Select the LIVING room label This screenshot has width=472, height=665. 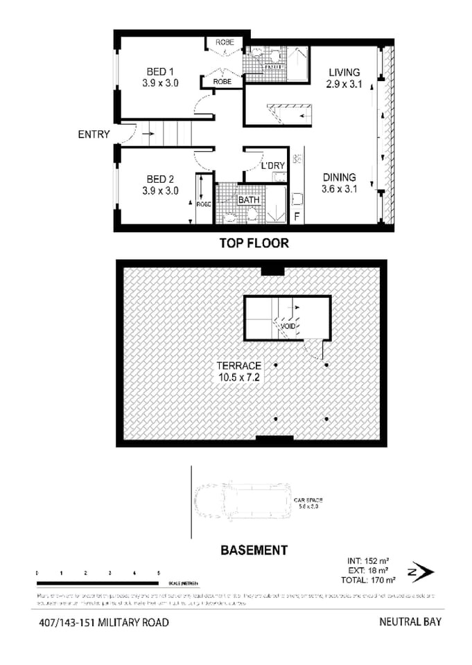[x=344, y=72]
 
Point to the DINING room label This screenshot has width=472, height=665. [x=339, y=177]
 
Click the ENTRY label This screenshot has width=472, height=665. [x=94, y=134]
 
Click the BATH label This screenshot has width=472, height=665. [x=249, y=200]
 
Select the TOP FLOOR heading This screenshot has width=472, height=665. [x=254, y=243]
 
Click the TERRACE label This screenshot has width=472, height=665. [x=237, y=366]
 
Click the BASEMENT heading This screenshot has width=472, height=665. [x=254, y=551]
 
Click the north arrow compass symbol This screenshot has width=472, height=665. [x=421, y=571]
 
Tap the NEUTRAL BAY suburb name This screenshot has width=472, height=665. [x=410, y=621]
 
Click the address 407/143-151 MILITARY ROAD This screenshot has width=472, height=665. [x=103, y=622]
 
